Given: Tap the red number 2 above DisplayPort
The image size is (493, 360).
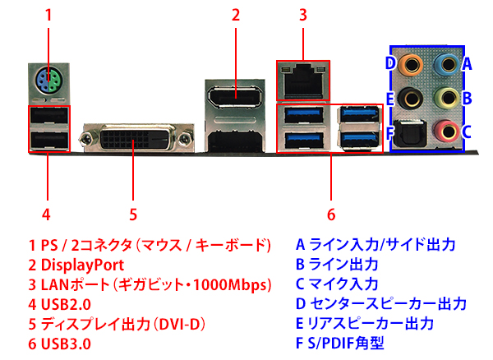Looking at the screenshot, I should pyautogui.click(x=235, y=14).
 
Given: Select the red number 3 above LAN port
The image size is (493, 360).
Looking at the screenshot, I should pyautogui.click(x=302, y=14).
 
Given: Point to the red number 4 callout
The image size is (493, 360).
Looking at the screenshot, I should pyautogui.click(x=47, y=215).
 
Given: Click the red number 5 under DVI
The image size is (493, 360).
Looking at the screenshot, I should pyautogui.click(x=132, y=215).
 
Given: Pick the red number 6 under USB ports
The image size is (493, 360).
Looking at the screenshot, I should pyautogui.click(x=331, y=215).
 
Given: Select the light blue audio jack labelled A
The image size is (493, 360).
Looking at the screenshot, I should pyautogui.click(x=445, y=62).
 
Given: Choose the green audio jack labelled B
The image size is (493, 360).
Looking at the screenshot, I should pyautogui.click(x=445, y=97).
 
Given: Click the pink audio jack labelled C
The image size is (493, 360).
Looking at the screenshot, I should pyautogui.click(x=445, y=130).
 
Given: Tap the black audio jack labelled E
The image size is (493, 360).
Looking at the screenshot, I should pyautogui.click(x=408, y=97).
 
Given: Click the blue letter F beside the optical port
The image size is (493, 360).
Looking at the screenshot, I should pyautogui.click(x=390, y=131).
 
